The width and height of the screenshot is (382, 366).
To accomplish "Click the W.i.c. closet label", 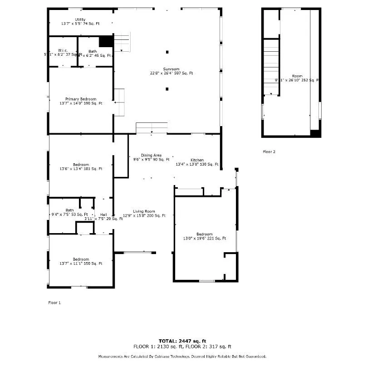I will pos(63,51).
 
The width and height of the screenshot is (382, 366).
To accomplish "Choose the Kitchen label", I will pos(197,160).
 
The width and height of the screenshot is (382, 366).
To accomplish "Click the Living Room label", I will pos(144,211).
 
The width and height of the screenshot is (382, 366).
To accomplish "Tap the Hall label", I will pos(104,215).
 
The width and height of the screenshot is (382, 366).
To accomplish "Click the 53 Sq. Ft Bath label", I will pos(69,210).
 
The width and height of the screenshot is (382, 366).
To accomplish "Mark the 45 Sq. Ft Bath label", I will pos(93,51).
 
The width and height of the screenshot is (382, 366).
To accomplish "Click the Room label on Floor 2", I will pos(297,76).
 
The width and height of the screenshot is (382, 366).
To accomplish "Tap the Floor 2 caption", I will pos(269,151).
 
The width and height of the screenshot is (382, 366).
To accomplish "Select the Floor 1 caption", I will pos(54,302).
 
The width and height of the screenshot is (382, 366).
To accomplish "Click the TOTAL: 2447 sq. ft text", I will pos(182,341).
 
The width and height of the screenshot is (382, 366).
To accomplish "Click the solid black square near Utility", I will pos(106,41).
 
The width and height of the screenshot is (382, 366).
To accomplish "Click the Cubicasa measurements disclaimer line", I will pos(182,356).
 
